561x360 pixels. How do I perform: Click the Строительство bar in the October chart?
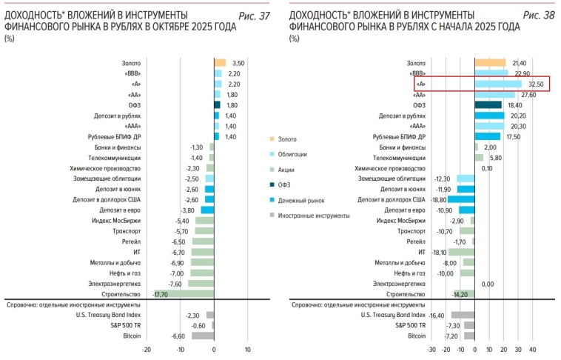click(184, 293)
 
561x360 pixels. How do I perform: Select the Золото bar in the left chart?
click(219, 63)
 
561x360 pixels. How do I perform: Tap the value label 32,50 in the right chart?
click(536, 84)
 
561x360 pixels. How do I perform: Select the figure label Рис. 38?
click(538, 16)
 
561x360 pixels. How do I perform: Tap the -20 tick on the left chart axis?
click(147, 350)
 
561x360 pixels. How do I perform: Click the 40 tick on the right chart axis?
click(532, 350)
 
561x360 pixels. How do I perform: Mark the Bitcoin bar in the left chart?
click(203, 336)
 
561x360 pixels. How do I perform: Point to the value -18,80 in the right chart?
click(435, 200)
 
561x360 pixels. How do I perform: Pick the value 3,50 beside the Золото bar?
click(238, 64)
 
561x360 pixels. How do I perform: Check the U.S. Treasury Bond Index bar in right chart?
click(463, 315)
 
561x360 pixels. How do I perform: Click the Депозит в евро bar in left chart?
click(207, 210)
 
